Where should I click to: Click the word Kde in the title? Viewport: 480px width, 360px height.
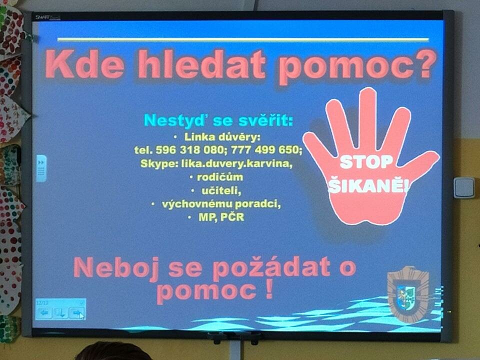coord(84,64)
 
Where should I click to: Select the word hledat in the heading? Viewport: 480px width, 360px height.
coord(201,64)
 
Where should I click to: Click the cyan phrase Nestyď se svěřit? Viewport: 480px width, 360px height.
coord(218,120)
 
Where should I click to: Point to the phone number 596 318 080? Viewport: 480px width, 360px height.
coord(189,150)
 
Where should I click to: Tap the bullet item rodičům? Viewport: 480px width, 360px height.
coord(220,177)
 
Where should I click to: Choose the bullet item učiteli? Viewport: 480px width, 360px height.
coord(221,190)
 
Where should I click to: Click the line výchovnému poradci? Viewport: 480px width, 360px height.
coord(221,204)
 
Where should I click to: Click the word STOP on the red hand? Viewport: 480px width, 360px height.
coord(366,162)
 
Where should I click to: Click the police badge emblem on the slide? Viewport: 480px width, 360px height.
coord(408,294)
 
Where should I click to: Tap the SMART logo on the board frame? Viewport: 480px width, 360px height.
coord(47,17)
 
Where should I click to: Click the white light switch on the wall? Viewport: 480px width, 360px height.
coord(464,187)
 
